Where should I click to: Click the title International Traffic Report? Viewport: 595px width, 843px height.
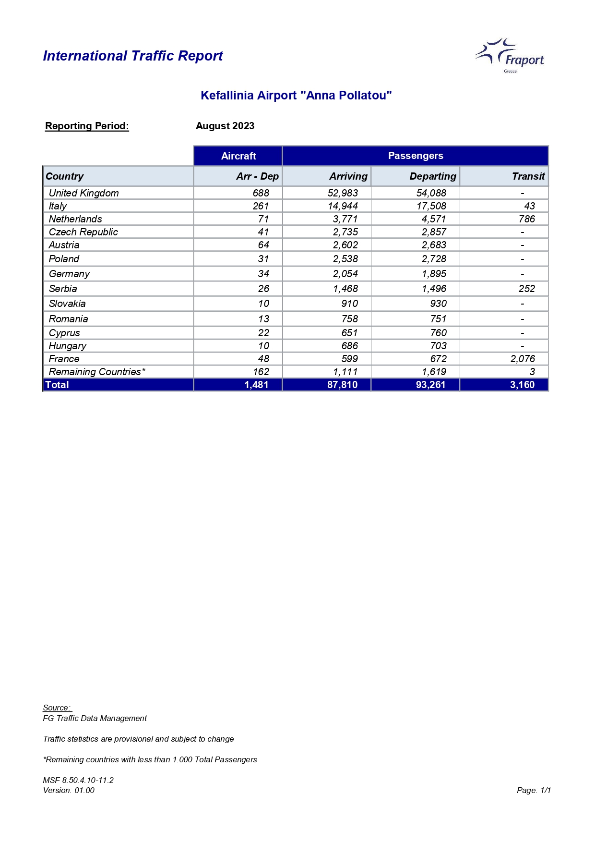(x=133, y=56)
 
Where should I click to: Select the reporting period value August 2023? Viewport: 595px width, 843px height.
(x=225, y=126)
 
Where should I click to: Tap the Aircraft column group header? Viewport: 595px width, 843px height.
(x=238, y=156)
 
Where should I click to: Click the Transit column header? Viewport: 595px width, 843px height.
(x=528, y=176)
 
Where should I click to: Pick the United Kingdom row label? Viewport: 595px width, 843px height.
(x=84, y=193)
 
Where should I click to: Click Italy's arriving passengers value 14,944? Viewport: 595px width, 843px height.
(x=343, y=206)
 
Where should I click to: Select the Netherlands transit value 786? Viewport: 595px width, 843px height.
(x=526, y=219)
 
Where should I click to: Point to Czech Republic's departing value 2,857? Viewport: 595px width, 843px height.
(x=434, y=232)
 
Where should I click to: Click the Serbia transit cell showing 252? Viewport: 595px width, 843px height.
(x=526, y=289)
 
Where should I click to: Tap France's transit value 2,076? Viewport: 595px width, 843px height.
(x=523, y=359)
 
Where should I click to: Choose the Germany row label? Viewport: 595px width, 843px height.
(x=70, y=274)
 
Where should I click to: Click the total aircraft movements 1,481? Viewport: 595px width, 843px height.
(x=256, y=385)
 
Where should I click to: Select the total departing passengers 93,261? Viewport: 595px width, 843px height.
(x=430, y=385)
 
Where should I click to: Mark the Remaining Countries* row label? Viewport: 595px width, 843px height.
(x=97, y=372)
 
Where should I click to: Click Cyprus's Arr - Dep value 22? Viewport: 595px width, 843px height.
(x=263, y=333)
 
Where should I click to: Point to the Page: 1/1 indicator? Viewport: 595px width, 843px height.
(x=534, y=790)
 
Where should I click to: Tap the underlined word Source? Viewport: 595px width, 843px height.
(x=57, y=708)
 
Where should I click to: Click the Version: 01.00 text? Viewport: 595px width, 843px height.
(x=69, y=790)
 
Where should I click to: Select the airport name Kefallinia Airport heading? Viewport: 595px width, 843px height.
(x=296, y=96)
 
